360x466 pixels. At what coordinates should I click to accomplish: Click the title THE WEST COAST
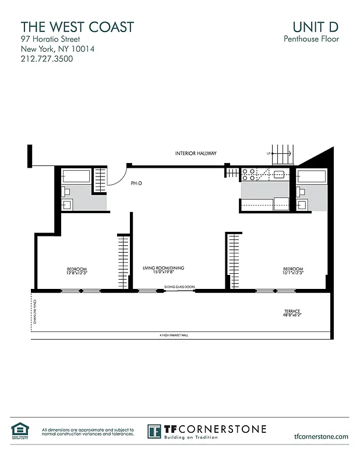click(77, 27)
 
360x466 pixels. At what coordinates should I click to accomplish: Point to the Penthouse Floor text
click(311, 40)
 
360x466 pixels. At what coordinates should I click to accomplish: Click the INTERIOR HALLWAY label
click(196, 153)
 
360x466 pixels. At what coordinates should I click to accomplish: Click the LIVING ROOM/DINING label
click(163, 268)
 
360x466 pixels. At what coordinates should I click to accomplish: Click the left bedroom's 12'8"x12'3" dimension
click(76, 273)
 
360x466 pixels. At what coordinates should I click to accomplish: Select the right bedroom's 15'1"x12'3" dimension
click(293, 273)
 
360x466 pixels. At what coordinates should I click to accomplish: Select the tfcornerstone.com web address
click(322, 436)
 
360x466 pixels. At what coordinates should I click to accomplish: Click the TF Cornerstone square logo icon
click(154, 431)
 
